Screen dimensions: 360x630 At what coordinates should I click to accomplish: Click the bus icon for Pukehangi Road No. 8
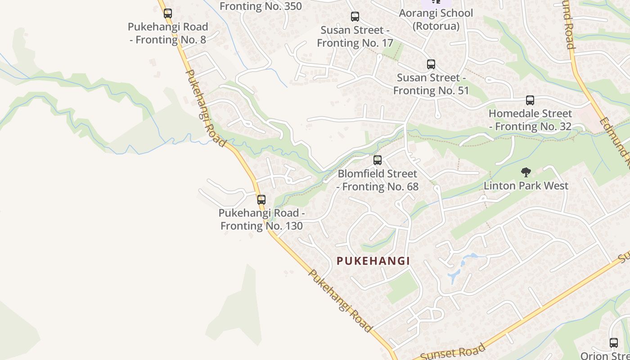click(168, 13)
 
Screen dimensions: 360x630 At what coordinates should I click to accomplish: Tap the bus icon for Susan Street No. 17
click(355, 17)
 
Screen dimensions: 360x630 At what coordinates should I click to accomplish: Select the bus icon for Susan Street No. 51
click(431, 64)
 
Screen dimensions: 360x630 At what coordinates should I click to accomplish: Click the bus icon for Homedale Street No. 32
click(530, 100)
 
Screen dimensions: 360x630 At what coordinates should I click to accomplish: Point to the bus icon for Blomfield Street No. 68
click(378, 160)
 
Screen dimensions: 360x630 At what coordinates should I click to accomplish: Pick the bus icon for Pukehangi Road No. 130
click(261, 199)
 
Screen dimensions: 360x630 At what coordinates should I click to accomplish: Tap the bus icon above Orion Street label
click(614, 342)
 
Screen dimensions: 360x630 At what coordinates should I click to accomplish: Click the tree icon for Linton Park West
click(526, 172)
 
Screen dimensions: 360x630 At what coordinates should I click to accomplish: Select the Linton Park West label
click(526, 185)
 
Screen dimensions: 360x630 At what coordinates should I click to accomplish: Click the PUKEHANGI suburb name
click(373, 261)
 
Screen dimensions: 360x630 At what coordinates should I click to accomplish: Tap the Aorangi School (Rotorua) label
click(436, 19)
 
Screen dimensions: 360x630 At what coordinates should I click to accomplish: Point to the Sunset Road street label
click(455, 352)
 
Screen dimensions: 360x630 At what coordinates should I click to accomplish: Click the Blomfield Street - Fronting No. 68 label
click(378, 180)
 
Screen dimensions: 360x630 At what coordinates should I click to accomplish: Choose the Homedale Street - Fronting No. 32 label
click(530, 120)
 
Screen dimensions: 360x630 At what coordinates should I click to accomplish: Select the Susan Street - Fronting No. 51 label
click(431, 84)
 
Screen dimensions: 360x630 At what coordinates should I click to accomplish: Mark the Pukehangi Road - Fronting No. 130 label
click(261, 219)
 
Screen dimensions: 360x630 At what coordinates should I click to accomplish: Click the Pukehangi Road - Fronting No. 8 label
click(168, 33)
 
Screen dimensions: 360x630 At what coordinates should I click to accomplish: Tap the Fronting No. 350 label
click(261, 6)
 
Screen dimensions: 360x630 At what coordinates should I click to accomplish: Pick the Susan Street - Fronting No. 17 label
click(355, 36)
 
